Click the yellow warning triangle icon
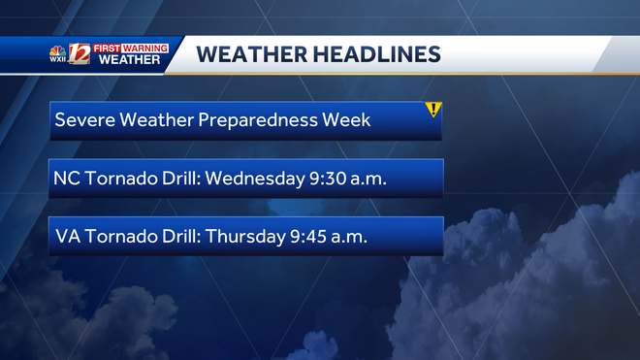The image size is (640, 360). coord(433,110)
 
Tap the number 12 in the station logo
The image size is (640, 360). coord(80,55)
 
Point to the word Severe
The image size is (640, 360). coord(81,121)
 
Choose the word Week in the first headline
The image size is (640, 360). coord(348,121)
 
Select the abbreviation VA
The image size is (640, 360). coord(66,237)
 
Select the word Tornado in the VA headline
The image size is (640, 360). coord(115,237)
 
